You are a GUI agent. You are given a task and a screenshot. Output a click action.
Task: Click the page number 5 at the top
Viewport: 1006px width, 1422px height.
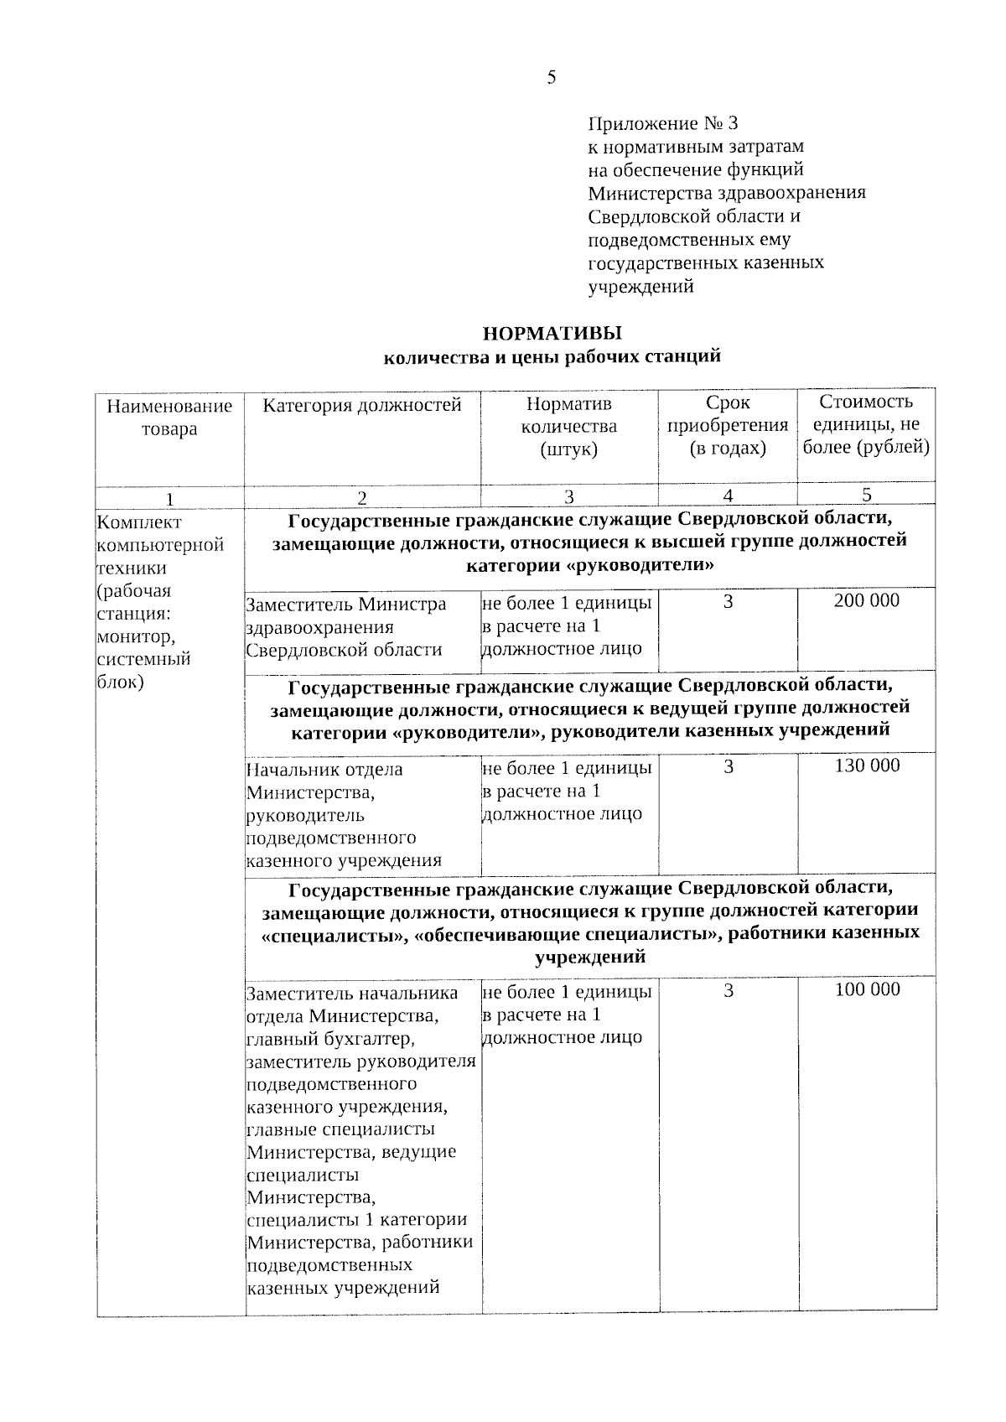coord(551,78)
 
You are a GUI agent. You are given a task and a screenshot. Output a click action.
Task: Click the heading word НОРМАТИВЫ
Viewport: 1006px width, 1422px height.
coord(552,334)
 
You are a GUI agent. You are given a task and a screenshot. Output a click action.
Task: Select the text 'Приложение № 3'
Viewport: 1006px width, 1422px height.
coord(662,124)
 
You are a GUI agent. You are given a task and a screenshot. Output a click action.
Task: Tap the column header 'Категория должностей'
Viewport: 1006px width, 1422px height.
coord(362,406)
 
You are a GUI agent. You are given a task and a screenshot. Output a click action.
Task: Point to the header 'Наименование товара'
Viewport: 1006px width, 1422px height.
coord(169,418)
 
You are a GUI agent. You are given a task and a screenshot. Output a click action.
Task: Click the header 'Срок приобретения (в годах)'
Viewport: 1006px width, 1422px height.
coord(728,425)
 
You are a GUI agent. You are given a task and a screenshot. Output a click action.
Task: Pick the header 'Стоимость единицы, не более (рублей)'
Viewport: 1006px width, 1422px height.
coord(866,424)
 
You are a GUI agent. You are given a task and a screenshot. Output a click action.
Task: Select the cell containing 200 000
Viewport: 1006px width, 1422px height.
coord(866,600)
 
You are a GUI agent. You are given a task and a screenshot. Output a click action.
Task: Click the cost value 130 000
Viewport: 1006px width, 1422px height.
coord(867,765)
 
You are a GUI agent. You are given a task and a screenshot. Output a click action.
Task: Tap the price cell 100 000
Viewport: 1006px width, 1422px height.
coord(867,989)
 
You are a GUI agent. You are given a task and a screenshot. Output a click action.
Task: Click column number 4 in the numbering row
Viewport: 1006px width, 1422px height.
coord(728,496)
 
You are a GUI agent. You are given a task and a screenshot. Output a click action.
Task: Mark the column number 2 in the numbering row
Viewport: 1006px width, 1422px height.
coord(362,497)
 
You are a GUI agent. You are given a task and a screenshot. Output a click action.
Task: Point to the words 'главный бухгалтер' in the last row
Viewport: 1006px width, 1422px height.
coord(329,1039)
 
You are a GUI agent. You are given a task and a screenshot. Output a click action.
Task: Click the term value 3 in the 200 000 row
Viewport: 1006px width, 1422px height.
coord(728,601)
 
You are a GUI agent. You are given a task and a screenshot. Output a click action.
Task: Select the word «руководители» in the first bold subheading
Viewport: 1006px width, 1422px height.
coord(640,564)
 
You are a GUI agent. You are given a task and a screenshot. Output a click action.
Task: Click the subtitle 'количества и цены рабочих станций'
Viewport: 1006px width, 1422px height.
coord(552,357)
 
